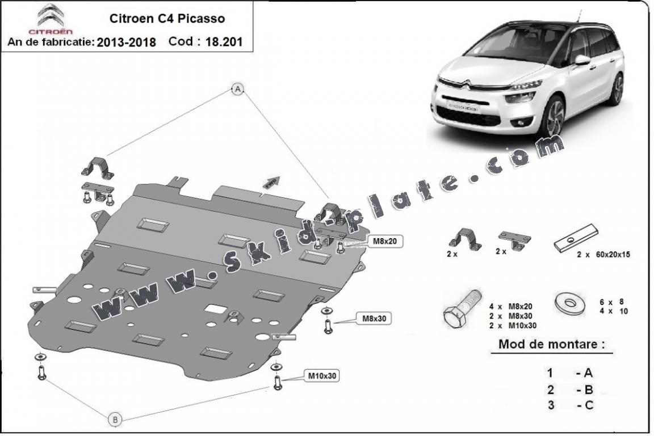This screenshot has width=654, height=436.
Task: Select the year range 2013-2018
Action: (x=126, y=43)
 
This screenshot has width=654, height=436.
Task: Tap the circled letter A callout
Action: (x=237, y=88)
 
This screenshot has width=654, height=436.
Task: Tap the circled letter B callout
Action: (x=115, y=420)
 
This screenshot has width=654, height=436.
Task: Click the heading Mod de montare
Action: (x=551, y=344)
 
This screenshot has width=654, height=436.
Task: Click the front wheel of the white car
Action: (x=552, y=116)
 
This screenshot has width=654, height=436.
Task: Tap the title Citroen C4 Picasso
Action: (x=166, y=18)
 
